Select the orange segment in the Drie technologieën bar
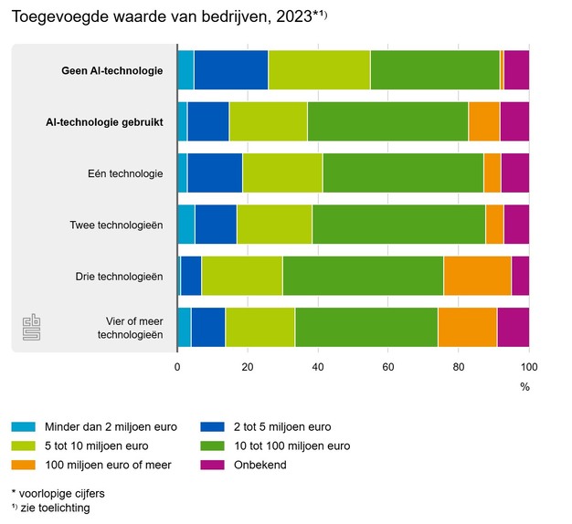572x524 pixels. click(x=477, y=277)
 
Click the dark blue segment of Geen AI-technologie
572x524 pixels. click(x=230, y=70)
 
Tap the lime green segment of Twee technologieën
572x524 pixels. click(x=274, y=225)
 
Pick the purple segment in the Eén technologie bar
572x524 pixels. click(x=514, y=173)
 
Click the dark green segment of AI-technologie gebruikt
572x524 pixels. click(x=387, y=121)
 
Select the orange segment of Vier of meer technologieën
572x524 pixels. click(x=467, y=328)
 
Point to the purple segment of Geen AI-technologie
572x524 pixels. click(x=516, y=70)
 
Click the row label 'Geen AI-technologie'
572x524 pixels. click(x=112, y=70)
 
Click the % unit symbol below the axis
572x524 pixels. click(x=524, y=386)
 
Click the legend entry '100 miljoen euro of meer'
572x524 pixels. click(x=106, y=465)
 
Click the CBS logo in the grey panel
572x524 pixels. click(x=33, y=329)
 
